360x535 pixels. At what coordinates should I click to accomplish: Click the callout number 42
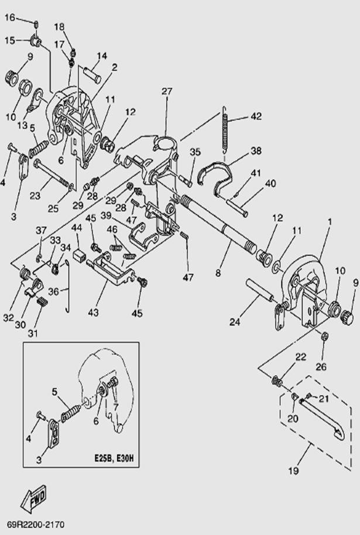pos(256,116)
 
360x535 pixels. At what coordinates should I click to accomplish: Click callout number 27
pos(167,91)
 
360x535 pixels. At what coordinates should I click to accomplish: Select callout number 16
pos(11,17)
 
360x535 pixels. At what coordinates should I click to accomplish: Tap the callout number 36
pos(52,290)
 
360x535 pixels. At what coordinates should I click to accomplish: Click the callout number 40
pos(270,183)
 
